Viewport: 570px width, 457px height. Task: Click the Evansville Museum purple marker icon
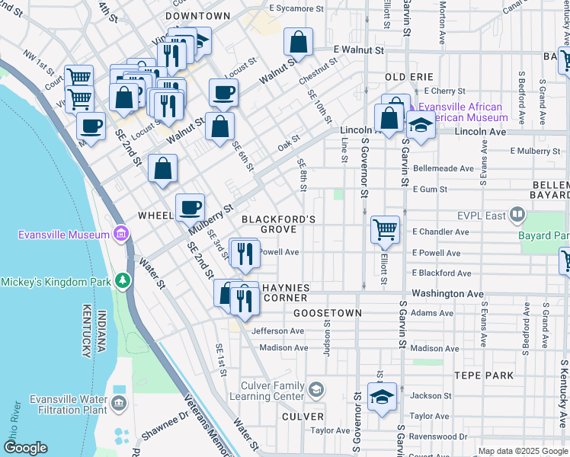pos(120,232)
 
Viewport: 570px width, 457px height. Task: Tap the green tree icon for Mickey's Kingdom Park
pos(121,281)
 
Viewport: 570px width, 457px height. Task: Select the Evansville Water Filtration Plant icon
pos(120,402)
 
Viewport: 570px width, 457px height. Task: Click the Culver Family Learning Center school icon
pos(315,391)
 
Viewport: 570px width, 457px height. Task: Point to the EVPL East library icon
pos(518,216)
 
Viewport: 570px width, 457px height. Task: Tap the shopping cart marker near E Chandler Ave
pos(385,229)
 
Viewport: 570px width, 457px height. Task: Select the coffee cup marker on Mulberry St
pos(190,206)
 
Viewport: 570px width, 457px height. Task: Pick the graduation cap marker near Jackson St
pos(382,396)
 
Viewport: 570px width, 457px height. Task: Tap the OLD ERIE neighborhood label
pos(409,78)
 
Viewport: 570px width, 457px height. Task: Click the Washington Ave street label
pos(447,293)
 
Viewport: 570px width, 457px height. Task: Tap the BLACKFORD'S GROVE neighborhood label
pos(278,224)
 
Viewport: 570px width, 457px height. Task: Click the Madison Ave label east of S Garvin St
pos(434,348)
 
